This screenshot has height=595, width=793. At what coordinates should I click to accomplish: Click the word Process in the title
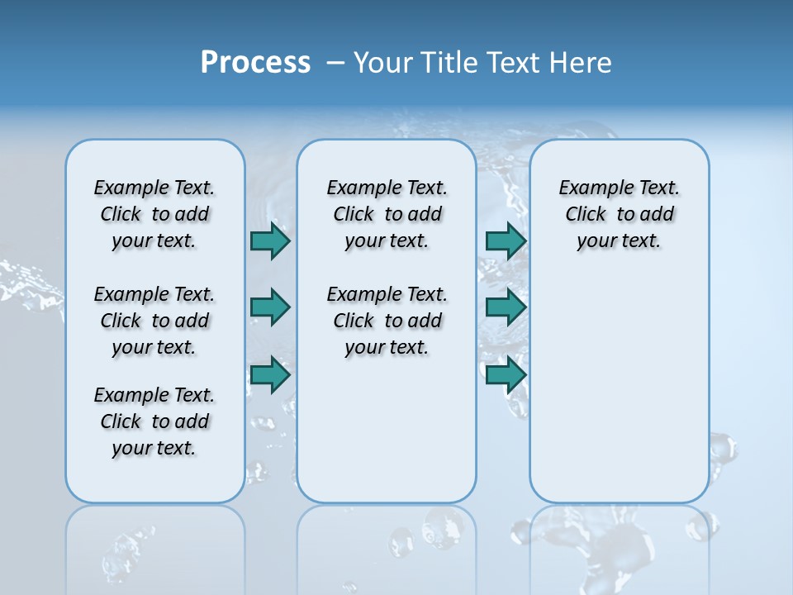point(255,63)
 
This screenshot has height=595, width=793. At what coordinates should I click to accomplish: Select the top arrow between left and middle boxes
point(270,240)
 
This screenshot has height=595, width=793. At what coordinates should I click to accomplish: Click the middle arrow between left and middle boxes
point(270,307)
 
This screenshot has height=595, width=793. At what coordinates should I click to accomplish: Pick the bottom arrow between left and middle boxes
point(270,376)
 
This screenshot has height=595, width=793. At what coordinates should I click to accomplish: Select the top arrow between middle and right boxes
point(506,240)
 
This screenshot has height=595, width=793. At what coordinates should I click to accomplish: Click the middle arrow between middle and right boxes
point(506,307)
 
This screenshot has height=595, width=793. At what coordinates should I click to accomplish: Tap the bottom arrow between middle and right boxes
point(506,376)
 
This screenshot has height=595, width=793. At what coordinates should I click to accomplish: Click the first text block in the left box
point(154,214)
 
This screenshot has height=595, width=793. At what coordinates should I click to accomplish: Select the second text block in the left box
point(154,321)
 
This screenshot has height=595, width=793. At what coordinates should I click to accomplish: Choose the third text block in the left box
point(154,421)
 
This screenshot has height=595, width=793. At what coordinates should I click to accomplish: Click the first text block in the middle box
point(387,214)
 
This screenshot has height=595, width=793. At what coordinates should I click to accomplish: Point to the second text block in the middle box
point(387,321)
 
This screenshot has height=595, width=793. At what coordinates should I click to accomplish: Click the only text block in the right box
point(619,214)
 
